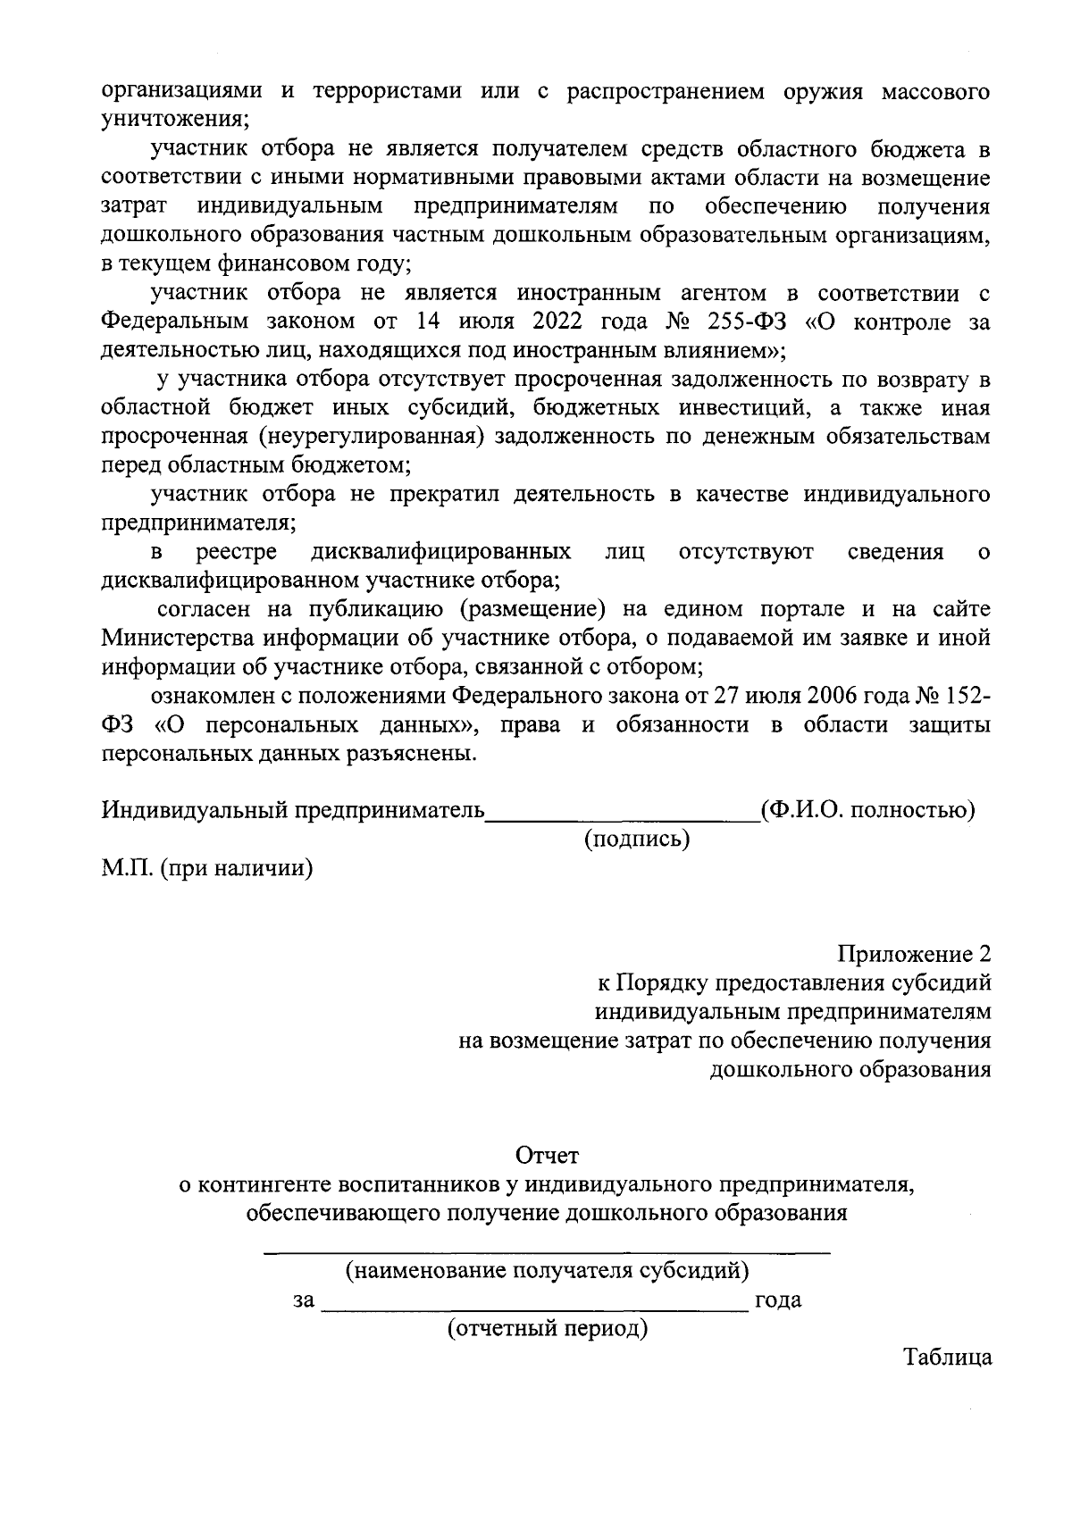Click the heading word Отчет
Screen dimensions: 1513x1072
pos(548,1156)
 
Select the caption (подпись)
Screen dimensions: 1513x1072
pos(637,840)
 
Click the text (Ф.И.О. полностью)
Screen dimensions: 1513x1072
pos(867,810)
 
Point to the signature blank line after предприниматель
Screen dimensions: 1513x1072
pos(621,815)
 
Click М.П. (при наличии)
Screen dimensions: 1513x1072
pos(206,868)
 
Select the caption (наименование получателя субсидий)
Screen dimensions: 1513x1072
pos(547,1269)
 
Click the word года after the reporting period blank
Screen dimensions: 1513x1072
pos(778,1300)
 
